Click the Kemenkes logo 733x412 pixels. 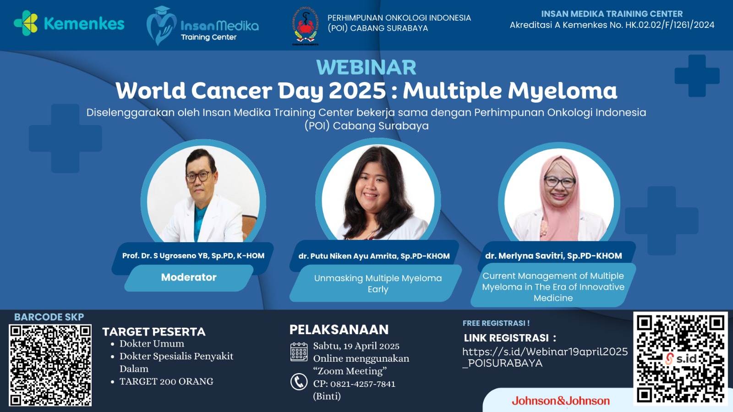pyautogui.click(x=69, y=23)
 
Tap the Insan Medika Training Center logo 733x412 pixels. pyautogui.click(x=202, y=26)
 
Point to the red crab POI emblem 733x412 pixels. pyautogui.click(x=305, y=26)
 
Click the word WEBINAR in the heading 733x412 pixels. pyautogui.click(x=366, y=67)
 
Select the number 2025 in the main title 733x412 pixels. pyautogui.click(x=357, y=90)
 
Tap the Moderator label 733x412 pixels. pyautogui.click(x=189, y=277)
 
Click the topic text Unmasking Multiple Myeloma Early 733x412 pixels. pyautogui.click(x=378, y=283)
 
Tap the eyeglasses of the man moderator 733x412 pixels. pyautogui.click(x=200, y=175)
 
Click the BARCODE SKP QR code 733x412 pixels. pyautogui.click(x=50, y=365)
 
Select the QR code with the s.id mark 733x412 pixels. pyautogui.click(x=680, y=358)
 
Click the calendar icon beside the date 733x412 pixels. pyautogui.click(x=299, y=352)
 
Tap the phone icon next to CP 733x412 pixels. pyautogui.click(x=299, y=381)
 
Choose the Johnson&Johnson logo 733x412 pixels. pyautogui.click(x=560, y=401)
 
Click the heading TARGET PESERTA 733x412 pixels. pyautogui.click(x=154, y=331)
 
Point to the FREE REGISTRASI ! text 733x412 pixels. pyautogui.click(x=496, y=323)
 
